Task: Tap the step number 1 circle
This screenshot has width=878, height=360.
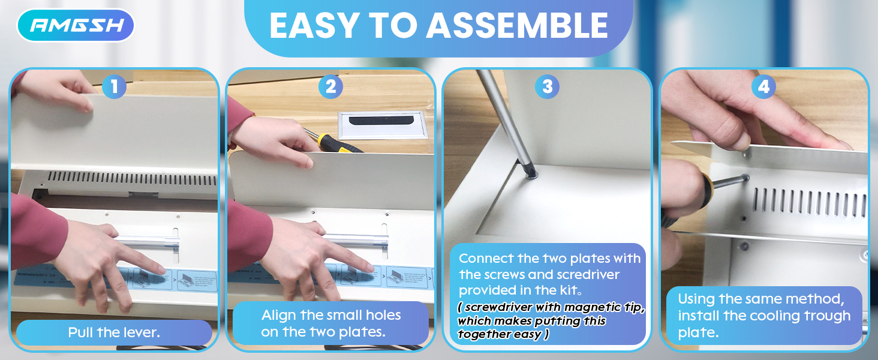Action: point(114,86)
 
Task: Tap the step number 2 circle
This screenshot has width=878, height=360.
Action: point(330,86)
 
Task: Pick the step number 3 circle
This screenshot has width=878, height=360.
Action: point(547,86)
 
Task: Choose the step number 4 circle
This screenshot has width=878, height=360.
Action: point(763,86)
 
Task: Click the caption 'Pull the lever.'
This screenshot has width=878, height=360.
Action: point(114,332)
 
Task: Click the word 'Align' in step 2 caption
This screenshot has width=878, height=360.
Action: point(279,315)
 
